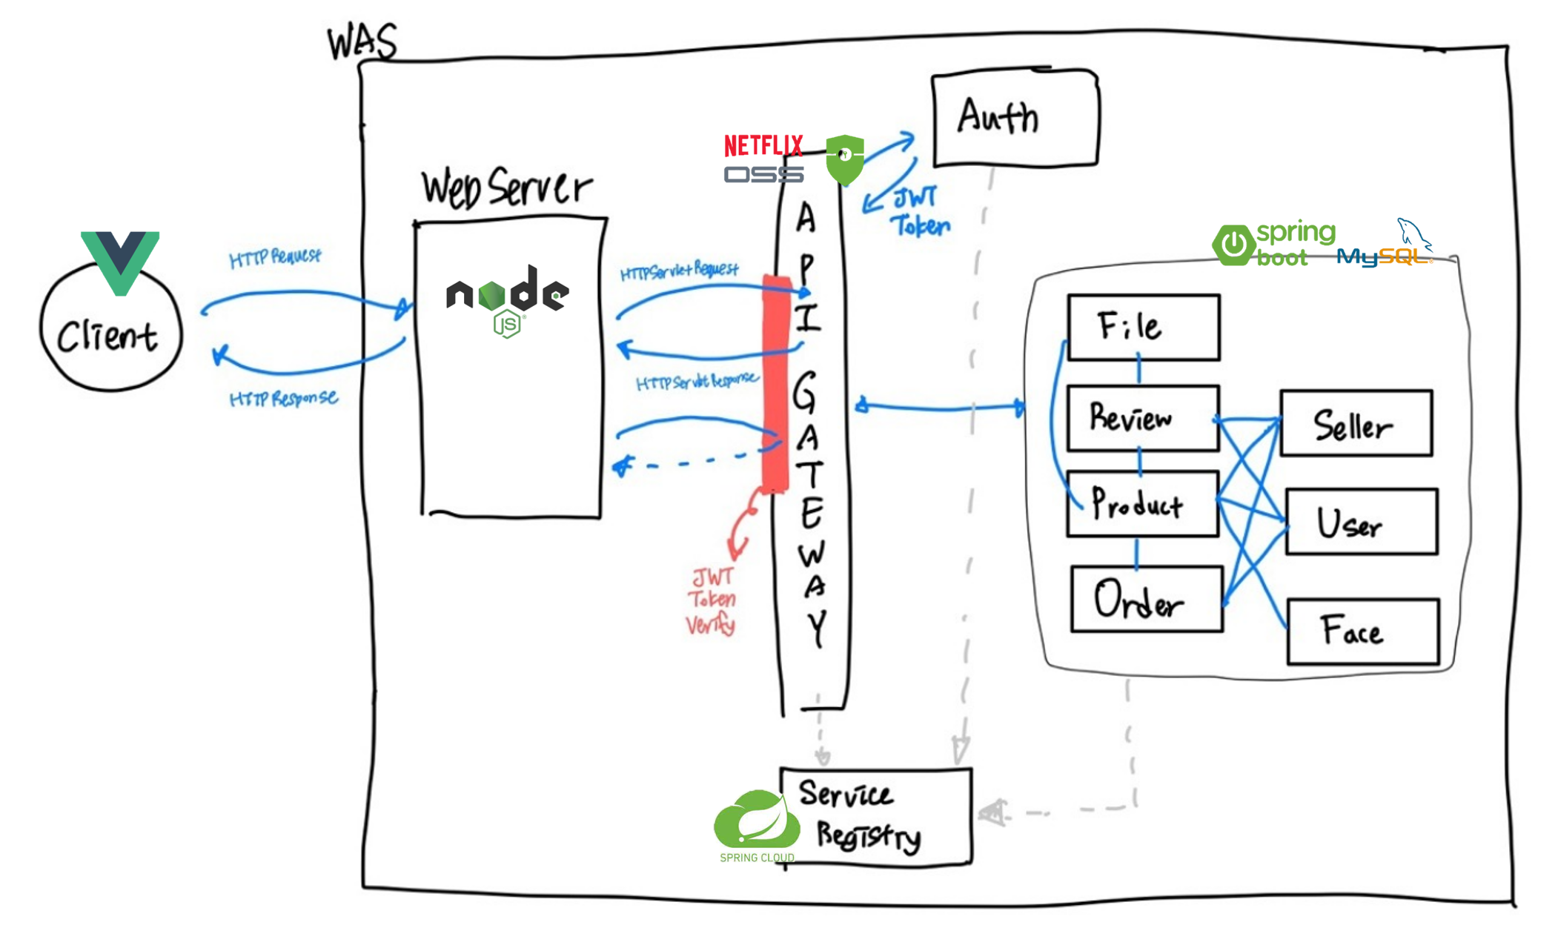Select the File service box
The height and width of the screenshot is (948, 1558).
click(1143, 327)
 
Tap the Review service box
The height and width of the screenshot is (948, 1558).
click(1142, 418)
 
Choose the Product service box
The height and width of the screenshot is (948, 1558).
click(1142, 504)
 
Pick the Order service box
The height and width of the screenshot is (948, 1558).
click(1146, 599)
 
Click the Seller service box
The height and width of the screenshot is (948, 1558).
click(1356, 423)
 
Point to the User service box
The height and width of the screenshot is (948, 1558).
click(1361, 522)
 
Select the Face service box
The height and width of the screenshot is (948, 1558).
click(1362, 632)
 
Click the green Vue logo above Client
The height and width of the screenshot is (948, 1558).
click(120, 259)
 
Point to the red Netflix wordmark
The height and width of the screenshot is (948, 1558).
click(763, 145)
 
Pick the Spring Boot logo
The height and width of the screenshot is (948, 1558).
click(1273, 244)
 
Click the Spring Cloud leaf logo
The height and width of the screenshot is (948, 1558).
click(757, 823)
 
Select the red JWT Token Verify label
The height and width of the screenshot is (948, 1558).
click(712, 601)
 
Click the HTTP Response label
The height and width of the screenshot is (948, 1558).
click(284, 399)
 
